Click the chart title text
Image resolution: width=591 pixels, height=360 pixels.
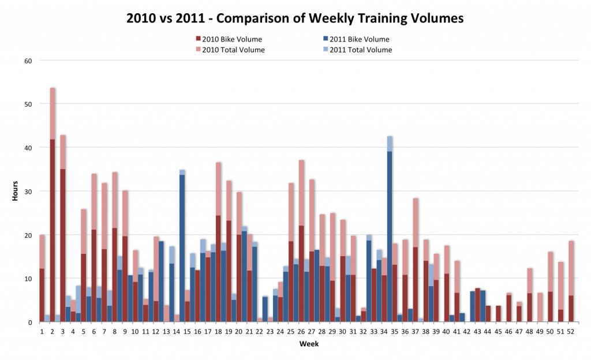point(295,18)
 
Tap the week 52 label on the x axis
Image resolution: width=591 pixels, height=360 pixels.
point(571,332)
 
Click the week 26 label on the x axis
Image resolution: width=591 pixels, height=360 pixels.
point(301,332)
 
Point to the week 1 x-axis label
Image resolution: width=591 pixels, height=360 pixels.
point(42,332)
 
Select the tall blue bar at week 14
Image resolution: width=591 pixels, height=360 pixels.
point(182,248)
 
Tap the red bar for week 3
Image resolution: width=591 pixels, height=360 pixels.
point(63,242)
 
